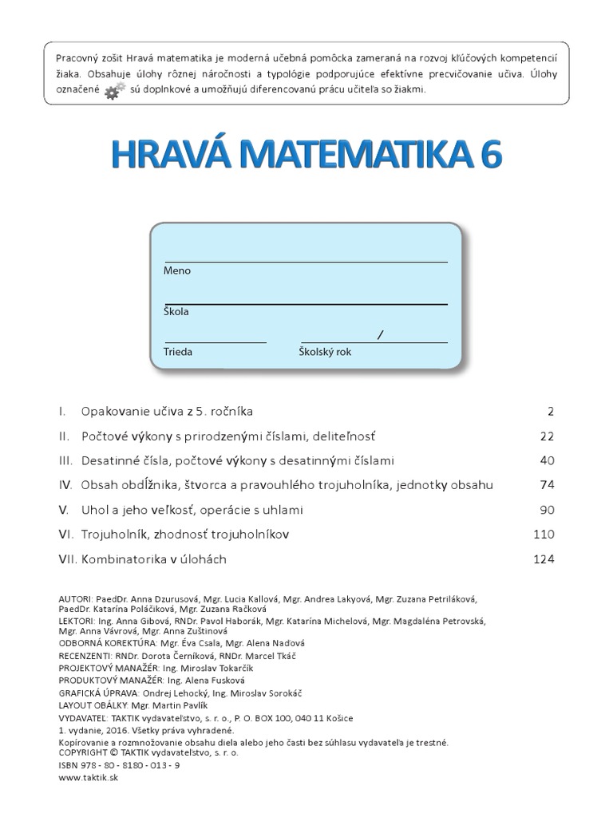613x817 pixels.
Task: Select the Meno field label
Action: (176, 270)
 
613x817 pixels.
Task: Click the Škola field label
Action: (176, 311)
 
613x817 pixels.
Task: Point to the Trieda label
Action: (177, 351)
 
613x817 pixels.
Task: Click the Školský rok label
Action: (325, 351)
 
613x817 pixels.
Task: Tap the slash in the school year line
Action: (380, 335)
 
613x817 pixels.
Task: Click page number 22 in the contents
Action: (546, 436)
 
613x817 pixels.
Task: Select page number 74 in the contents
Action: (546, 485)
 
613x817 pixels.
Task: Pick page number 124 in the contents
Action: (543, 559)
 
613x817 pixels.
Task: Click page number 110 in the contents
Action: (543, 535)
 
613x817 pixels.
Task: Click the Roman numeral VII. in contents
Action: (67, 559)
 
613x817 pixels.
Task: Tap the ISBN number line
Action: (119, 764)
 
